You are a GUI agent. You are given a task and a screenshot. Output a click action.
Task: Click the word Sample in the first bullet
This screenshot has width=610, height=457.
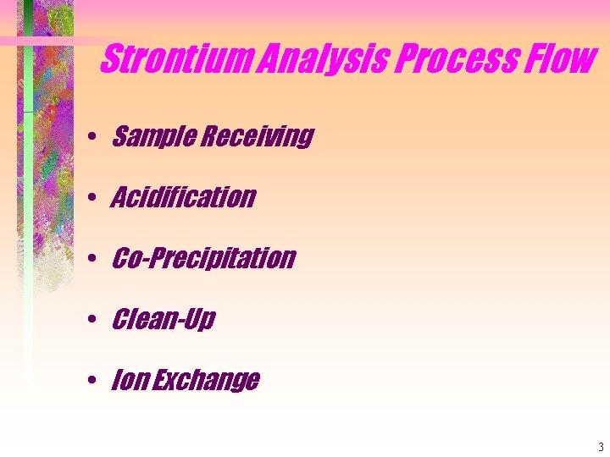click(x=151, y=136)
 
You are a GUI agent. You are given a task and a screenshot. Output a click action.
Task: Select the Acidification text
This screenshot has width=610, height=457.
click(x=183, y=197)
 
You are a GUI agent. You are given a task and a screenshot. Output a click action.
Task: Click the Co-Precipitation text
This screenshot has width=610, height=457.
click(x=203, y=258)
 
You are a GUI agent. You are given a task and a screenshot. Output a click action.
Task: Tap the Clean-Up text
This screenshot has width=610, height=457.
click(x=164, y=319)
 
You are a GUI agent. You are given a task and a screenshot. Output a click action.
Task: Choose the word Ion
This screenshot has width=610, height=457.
click(x=130, y=381)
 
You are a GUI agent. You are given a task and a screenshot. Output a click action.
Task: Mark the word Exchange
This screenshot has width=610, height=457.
click(x=206, y=381)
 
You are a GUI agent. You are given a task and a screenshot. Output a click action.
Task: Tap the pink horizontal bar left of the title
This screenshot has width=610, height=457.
click(x=51, y=41)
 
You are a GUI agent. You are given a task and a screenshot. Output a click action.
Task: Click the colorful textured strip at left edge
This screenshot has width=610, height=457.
click(x=51, y=169)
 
